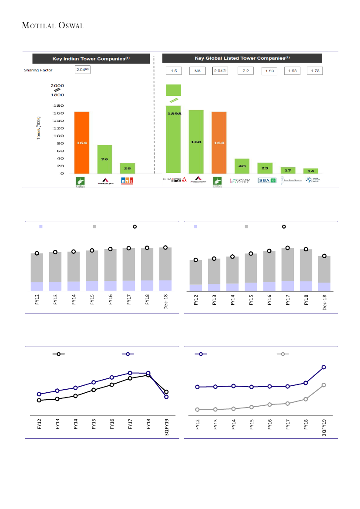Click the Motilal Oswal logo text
53,25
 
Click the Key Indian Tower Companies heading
92,58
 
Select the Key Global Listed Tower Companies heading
242,58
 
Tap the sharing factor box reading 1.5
173,71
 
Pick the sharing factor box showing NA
196,71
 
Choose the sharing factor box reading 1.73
315,71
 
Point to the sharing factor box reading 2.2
246,71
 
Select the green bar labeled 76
104,159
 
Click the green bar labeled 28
128,168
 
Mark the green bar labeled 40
242,166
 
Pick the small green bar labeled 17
288,170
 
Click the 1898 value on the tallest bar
173,114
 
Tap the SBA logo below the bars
265,181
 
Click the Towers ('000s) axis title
39,128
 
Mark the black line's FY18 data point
148,375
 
